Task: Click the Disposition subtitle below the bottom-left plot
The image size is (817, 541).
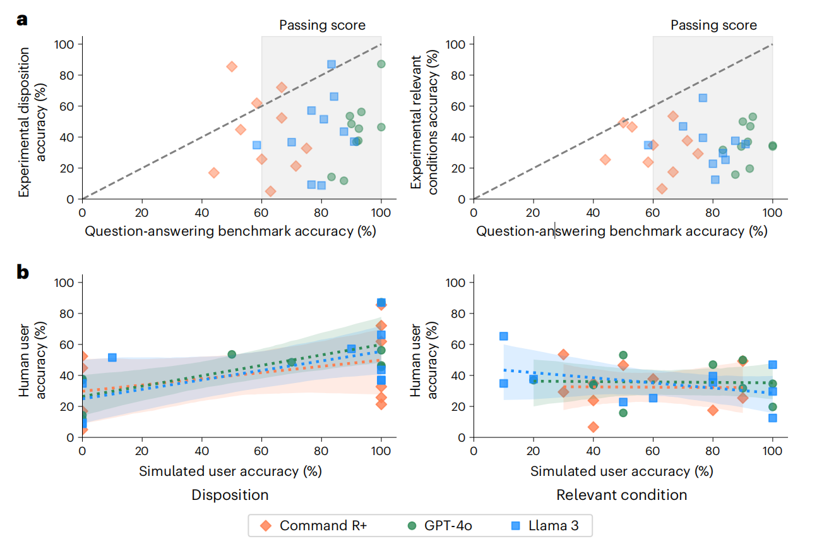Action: pos(230,495)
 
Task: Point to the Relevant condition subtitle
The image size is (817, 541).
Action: pos(621,495)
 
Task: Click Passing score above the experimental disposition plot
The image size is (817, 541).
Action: pos(322,25)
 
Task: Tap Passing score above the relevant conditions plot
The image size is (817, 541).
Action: pos(713,25)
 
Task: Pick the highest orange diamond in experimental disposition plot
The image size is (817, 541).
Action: pos(232,66)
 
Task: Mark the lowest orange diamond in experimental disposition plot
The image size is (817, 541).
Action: pos(270,191)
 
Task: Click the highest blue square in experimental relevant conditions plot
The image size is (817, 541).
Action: pos(703,98)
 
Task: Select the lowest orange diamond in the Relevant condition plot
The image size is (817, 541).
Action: pos(593,427)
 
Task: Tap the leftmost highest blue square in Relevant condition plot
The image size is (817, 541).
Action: pos(503,336)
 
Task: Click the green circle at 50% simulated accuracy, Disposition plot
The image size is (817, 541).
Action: pos(232,355)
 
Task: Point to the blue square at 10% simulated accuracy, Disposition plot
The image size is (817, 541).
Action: pos(112,358)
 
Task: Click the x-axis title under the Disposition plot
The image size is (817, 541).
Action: pos(230,471)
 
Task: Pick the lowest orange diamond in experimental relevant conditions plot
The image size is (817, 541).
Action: pos(662,188)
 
